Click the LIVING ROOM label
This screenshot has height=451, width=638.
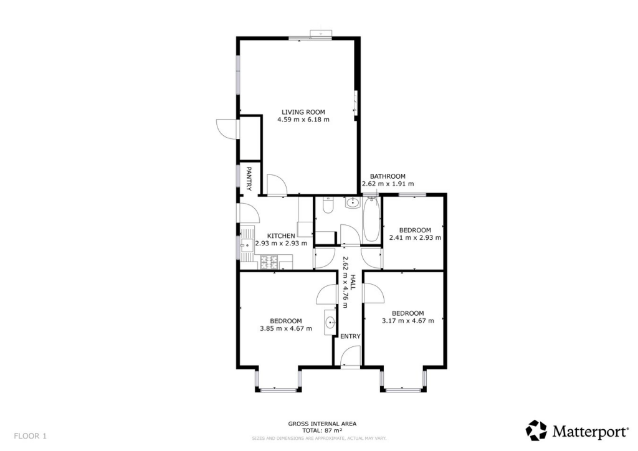303,112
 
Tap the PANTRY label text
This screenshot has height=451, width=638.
249,178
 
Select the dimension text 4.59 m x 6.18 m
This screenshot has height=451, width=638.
303,120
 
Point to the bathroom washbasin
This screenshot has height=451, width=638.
353,202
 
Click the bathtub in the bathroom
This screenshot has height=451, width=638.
371,219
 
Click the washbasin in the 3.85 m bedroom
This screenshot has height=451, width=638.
330,323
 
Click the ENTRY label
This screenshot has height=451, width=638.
350,336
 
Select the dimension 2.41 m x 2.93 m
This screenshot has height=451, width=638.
414,237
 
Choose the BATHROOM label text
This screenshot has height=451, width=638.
388,176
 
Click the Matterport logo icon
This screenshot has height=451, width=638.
536,430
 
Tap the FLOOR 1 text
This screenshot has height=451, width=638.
30,435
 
